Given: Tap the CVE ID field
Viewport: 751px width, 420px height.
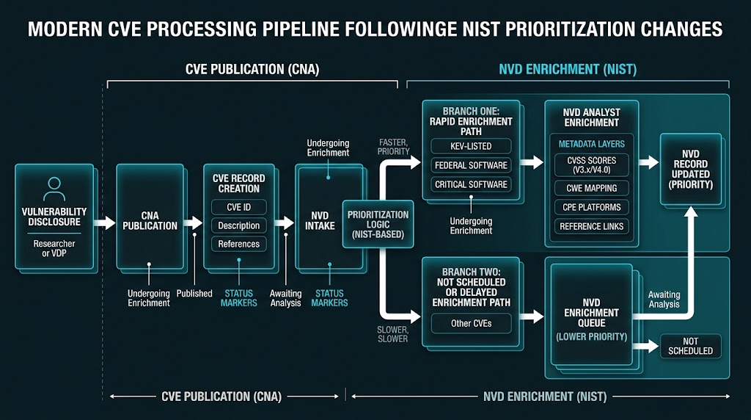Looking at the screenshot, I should pos(238,207).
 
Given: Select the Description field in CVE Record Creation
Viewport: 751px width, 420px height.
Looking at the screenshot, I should pos(238,225).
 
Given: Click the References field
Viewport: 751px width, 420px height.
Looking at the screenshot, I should pos(238,244).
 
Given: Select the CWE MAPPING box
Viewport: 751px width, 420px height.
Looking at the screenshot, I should pos(591,189).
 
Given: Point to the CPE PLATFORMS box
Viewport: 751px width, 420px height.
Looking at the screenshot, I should pos(591,207).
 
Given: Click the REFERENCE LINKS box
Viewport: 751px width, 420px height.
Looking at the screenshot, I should pos(591,226).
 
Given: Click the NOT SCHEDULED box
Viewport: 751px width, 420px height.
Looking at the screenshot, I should pos(690,346).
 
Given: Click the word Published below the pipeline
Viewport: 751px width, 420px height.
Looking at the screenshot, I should pos(194,294).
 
